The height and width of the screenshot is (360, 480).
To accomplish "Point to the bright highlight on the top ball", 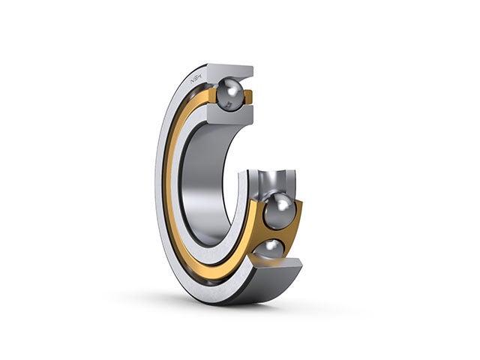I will (235, 91).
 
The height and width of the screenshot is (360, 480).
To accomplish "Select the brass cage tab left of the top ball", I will (213, 95).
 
